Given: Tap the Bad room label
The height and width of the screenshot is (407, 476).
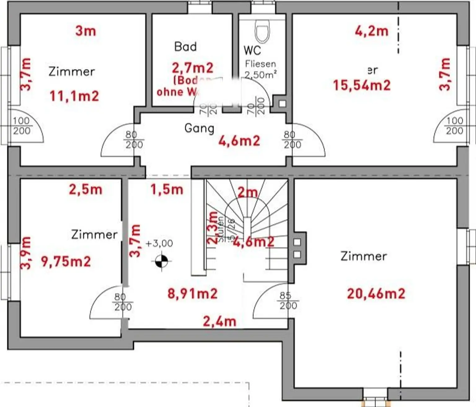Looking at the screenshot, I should point(185,47).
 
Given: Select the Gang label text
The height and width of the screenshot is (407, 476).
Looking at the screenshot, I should point(199,128).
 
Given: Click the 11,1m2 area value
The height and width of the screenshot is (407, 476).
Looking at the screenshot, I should point(74,96).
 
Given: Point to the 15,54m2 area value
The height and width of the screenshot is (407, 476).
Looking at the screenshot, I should point(362,85).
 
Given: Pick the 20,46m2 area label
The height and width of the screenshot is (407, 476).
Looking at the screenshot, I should point(376,293).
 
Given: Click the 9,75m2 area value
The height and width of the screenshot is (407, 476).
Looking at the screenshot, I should point(66,262).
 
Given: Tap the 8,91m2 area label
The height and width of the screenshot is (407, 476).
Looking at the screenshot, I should point(192,293).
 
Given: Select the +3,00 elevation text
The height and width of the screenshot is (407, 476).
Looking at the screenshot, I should point(159,243).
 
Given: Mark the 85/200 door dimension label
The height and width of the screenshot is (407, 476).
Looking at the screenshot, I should point(288,301).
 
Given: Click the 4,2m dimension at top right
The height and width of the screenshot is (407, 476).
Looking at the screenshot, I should point(371,31).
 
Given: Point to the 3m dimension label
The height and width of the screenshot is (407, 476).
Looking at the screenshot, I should point(86,31).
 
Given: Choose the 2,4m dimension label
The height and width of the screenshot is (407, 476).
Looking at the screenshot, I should point(219,321).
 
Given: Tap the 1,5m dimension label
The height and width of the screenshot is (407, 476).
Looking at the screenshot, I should point(167,189).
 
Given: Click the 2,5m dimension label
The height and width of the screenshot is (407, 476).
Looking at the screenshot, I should point(86,189).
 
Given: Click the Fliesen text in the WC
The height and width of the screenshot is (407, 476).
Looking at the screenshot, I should point(260,64).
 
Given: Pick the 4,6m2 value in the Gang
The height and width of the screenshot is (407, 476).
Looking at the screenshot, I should point(239,141).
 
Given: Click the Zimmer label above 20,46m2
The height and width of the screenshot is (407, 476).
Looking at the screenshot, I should point(364,256).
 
